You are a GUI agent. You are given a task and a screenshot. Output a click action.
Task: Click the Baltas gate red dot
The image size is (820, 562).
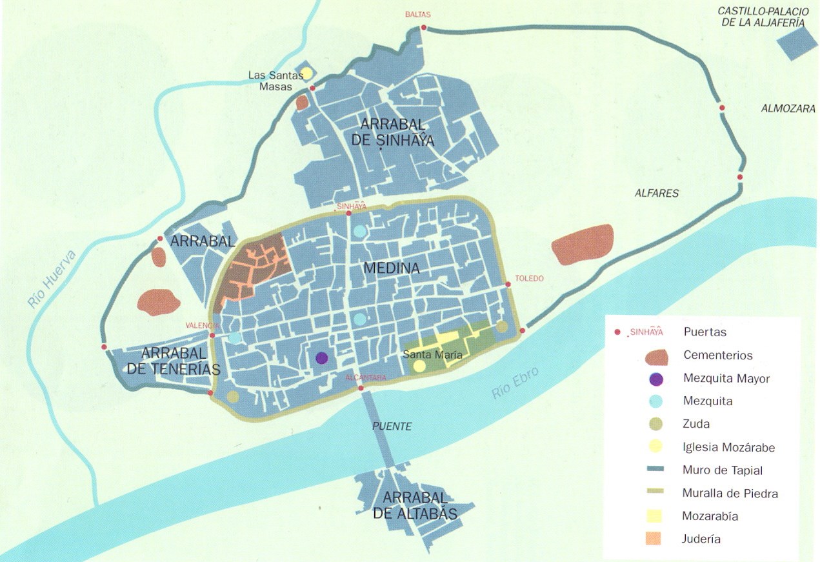tap(424, 27)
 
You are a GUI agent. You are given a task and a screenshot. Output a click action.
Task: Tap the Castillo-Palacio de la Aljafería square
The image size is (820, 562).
tap(796, 43)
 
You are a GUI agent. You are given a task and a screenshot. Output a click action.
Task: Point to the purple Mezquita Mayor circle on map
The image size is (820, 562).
tap(322, 358)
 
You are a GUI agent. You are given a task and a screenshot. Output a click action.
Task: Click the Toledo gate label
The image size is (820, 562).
tap(529, 279)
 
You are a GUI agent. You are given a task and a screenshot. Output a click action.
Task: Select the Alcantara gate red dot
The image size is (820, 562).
tap(361, 388)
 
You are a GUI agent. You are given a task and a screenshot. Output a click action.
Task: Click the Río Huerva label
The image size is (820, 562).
tap(52, 278)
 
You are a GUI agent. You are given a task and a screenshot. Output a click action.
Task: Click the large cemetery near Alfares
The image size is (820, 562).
tap(583, 244)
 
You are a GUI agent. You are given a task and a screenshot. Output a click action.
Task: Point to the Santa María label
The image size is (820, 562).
tap(432, 354)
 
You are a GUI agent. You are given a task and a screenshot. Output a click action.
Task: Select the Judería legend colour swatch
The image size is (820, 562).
tap(653, 539)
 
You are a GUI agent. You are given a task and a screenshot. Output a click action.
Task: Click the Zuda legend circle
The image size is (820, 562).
tap(655, 424)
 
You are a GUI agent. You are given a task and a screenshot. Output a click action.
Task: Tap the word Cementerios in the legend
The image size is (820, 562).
tap(717, 355)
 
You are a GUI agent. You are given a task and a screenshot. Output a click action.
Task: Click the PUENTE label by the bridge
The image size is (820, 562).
tap(392, 427)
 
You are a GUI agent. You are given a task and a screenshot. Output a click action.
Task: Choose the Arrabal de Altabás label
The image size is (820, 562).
tap(414, 506)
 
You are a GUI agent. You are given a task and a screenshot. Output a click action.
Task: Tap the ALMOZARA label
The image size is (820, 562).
tap(788, 109)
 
